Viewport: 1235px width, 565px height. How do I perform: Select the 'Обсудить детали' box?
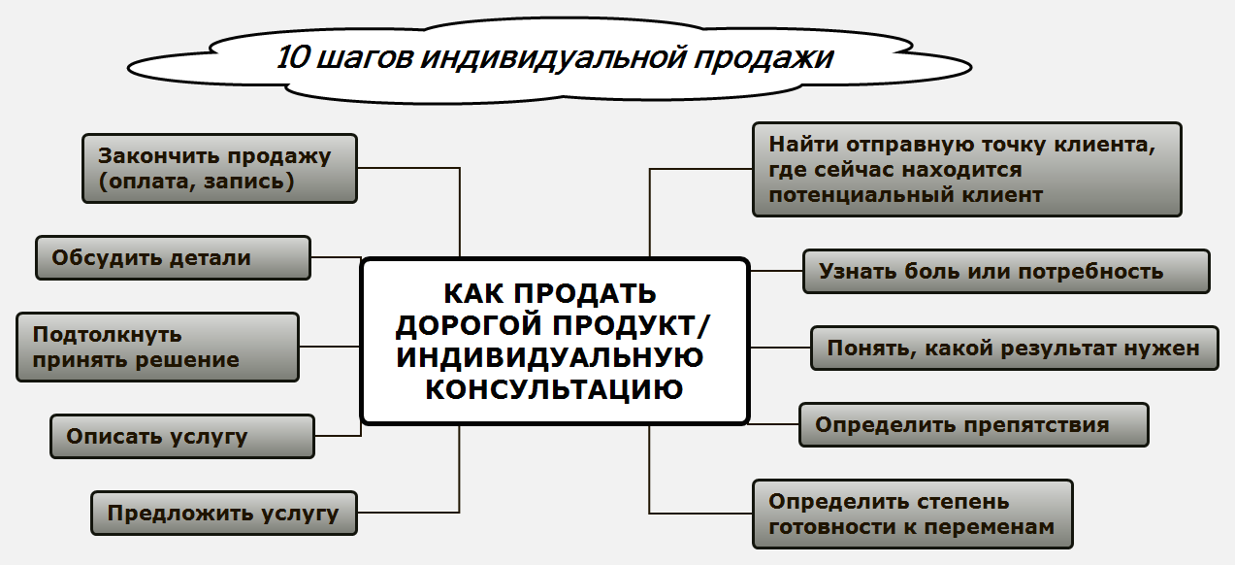174,258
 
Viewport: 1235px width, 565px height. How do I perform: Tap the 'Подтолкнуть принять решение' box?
158,347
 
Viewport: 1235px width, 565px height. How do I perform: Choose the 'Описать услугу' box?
182,437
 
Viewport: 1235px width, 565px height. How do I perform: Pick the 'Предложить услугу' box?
224,514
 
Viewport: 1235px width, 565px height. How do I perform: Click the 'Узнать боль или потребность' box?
1006,272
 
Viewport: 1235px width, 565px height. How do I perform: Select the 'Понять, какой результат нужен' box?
1014,348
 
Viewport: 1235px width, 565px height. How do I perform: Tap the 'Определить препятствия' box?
973,425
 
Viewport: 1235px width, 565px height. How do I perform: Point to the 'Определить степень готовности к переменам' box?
912,515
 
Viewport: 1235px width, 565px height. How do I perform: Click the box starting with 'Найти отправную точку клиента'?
967,169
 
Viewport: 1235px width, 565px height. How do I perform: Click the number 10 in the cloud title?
294,57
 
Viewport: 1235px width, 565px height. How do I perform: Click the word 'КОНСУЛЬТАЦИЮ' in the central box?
554,389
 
